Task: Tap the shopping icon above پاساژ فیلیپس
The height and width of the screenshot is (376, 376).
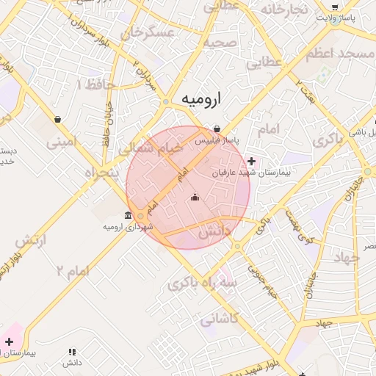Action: pos(217,129)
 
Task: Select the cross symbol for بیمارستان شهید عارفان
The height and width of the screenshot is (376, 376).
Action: pos(252,161)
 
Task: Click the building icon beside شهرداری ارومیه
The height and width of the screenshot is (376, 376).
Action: pos(129,216)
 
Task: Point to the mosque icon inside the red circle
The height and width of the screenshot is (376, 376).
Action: pos(195,197)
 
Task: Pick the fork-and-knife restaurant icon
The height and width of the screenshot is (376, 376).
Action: pos(71,352)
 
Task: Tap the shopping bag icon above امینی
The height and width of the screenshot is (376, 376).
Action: pos(57,119)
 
